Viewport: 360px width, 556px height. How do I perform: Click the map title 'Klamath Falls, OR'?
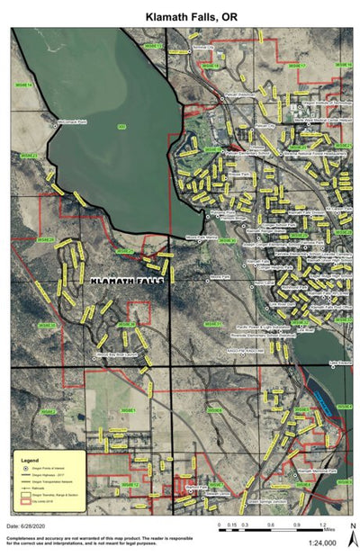[180, 16]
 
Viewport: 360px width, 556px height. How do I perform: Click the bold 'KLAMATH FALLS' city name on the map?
[126, 281]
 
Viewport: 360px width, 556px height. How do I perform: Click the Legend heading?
[30, 458]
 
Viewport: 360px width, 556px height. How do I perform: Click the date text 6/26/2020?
[25, 525]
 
